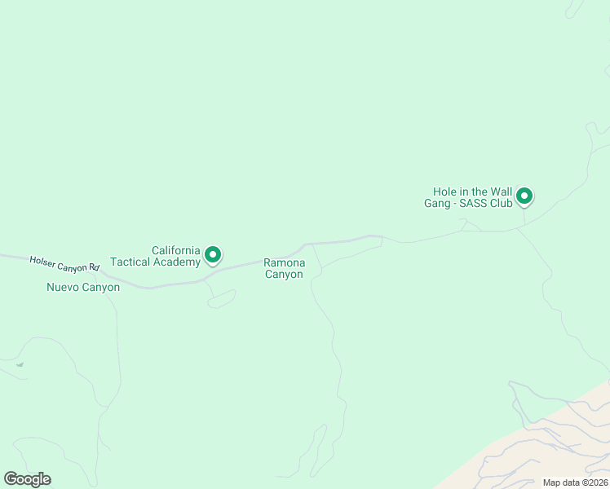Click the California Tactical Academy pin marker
[x=213, y=255]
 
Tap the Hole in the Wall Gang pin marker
[x=525, y=196]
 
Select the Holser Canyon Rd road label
[x=64, y=263]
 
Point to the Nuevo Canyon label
[x=83, y=287]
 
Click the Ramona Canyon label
[x=284, y=268]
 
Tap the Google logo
[x=27, y=479]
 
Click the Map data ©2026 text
[x=575, y=482]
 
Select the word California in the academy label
[x=175, y=250]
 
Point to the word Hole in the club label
[x=444, y=192]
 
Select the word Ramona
[x=284, y=262]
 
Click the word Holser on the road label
[x=42, y=261]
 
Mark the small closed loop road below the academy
[x=222, y=299]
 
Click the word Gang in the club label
[x=437, y=203]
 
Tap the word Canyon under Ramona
[x=284, y=275]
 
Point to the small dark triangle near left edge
[x=19, y=364]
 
